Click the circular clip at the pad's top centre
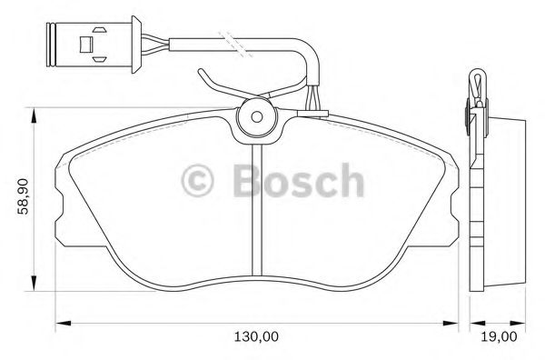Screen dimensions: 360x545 256,117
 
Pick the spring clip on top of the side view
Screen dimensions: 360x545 475,87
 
